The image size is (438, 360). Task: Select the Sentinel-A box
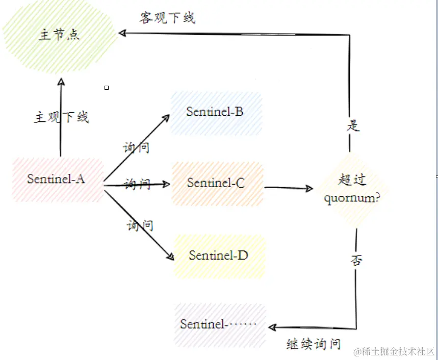coord(57,179)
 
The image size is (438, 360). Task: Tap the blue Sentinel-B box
coord(215,112)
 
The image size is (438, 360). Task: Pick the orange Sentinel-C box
coord(217,183)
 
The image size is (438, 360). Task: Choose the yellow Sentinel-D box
coord(219,255)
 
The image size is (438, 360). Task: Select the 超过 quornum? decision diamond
coord(352,189)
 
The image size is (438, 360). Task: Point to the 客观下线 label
coord(167,18)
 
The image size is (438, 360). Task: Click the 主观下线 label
coord(61,117)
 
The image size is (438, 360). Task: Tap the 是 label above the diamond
coord(353,125)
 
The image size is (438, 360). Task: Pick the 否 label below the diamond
coord(356,260)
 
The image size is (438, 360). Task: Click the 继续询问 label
coord(314,344)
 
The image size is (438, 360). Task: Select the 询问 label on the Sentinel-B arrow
coord(137,148)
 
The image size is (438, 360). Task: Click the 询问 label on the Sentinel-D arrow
coord(140,224)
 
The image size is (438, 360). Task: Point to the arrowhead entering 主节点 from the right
coord(122,33)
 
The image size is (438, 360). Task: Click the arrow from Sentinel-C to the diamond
coord(288,188)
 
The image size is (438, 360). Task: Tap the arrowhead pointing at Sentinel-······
coord(272,327)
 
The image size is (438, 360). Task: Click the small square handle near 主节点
coord(107,88)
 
